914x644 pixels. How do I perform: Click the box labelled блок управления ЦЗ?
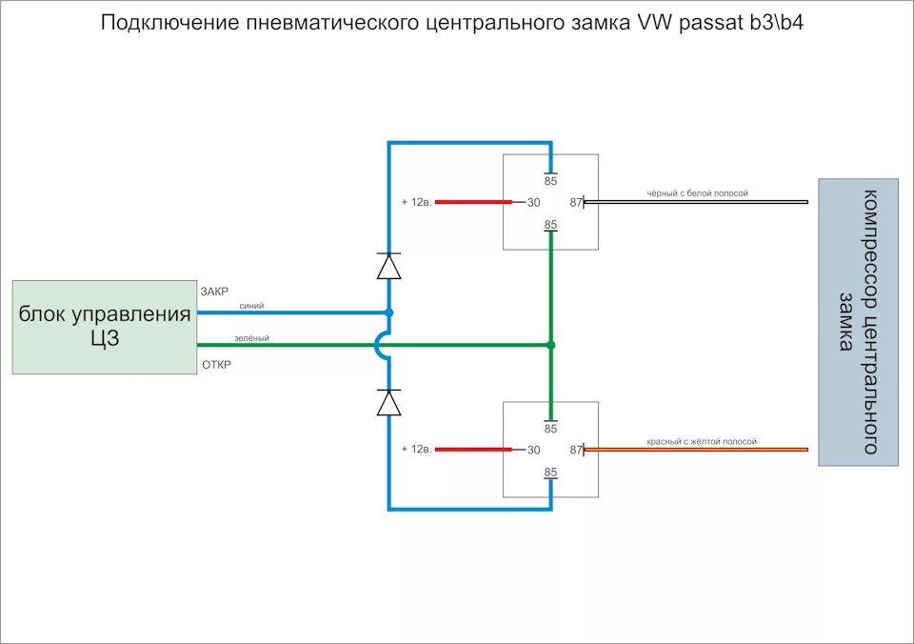click(104, 326)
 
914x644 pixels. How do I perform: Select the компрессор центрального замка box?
click(858, 322)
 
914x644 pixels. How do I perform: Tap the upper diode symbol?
click(388, 266)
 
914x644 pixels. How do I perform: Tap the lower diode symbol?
click(388, 403)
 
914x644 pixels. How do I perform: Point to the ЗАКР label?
click(214, 292)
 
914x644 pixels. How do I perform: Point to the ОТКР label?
click(216, 365)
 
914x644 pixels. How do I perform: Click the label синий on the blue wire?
click(251, 306)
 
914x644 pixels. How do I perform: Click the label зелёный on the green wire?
click(252, 338)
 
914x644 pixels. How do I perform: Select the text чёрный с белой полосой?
click(697, 193)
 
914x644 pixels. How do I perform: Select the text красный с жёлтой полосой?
click(702, 442)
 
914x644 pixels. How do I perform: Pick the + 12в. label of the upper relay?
click(417, 202)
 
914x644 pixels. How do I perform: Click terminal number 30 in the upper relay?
click(533, 202)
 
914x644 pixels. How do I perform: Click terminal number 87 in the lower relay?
click(575, 450)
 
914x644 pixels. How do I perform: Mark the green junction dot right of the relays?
click(550, 345)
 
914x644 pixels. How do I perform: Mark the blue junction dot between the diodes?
click(388, 312)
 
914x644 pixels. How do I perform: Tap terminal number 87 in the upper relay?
click(575, 202)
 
